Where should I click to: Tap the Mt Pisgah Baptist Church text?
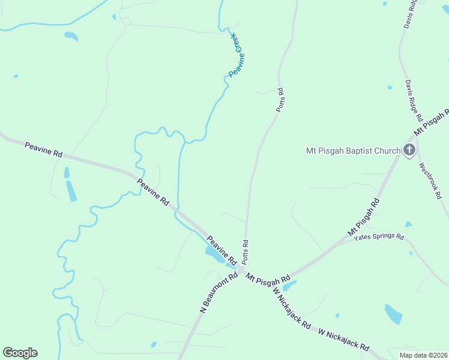click(x=353, y=150)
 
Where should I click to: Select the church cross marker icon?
click(x=409, y=149)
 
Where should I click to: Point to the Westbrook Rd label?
click(x=430, y=181)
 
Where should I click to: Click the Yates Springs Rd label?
click(x=379, y=238)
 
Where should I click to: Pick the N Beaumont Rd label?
click(x=218, y=293)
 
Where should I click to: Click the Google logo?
click(x=20, y=353)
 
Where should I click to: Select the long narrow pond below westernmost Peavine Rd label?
click(x=71, y=190)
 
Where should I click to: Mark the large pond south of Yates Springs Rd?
click(x=393, y=314)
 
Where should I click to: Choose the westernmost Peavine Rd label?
click(x=43, y=149)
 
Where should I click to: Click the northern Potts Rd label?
click(x=279, y=100)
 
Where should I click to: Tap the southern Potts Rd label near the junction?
click(x=245, y=252)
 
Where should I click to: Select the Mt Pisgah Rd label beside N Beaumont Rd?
click(x=268, y=278)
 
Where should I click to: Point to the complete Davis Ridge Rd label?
click(x=414, y=100)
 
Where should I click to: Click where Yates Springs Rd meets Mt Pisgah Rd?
click(x=339, y=244)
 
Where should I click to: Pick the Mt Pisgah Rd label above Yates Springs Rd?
click(x=364, y=217)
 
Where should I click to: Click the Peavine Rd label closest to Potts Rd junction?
click(x=221, y=250)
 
